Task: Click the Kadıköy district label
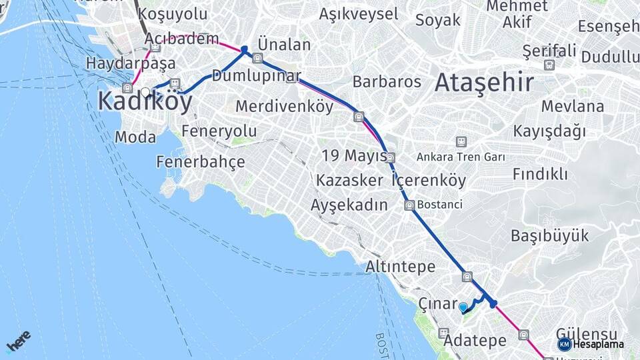tap(145, 102)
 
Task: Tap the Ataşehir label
tap(483, 83)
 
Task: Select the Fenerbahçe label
tap(201, 161)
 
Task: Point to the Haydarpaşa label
tap(131, 64)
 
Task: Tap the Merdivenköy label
tap(285, 106)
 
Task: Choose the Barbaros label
tap(387, 82)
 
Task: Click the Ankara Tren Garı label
tap(461, 158)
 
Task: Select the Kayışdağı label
tap(549, 131)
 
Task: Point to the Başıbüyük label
tap(550, 235)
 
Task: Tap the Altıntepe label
tap(400, 267)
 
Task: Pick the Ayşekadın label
tap(349, 205)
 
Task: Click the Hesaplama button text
tap(598, 345)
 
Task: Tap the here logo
tap(19, 342)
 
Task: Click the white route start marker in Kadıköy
tap(145, 92)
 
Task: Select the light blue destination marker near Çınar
tap(463, 307)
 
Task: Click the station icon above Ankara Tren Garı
tap(460, 141)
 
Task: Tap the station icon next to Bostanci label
tap(409, 205)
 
